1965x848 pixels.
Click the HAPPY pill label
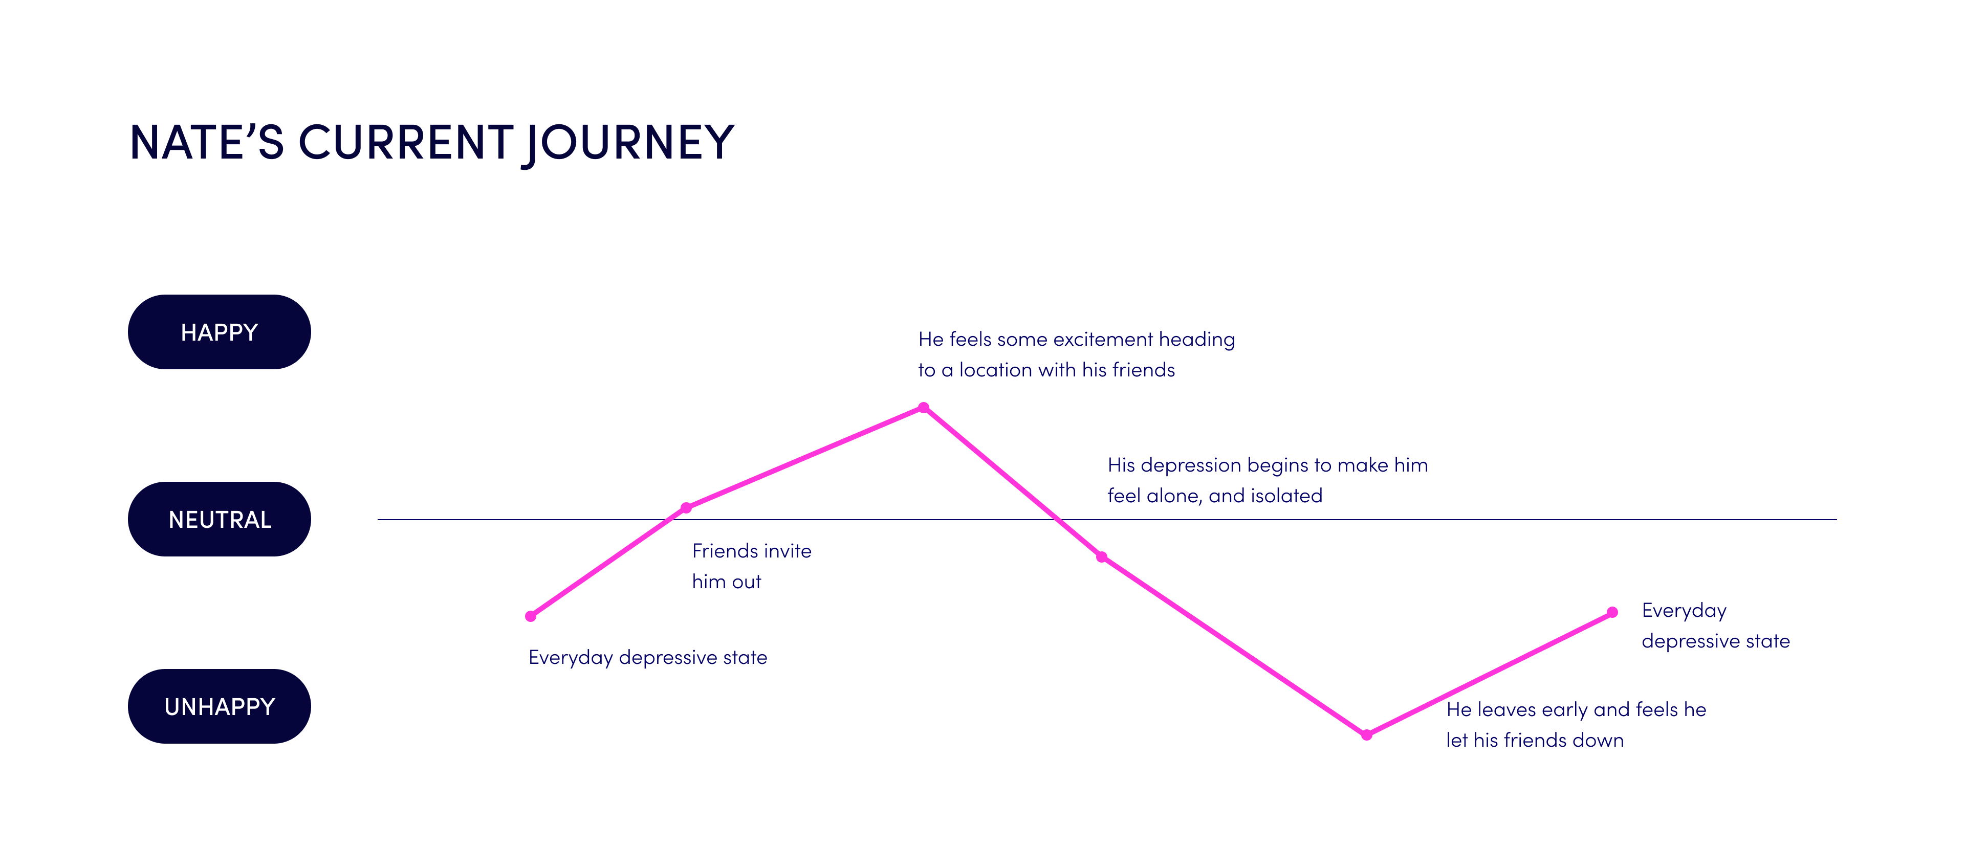pos(219,332)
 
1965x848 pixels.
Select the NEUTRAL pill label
pos(219,519)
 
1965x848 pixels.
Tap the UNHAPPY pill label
pos(219,707)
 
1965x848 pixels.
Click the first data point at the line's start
pos(531,616)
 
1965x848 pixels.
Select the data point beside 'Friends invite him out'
pos(686,508)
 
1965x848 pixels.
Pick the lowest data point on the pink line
pos(1367,735)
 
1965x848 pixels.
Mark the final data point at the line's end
pos(1612,612)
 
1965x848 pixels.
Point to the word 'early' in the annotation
pos(1564,710)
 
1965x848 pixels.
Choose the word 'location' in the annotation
pos(995,370)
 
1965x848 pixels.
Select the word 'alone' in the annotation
pos(1175,496)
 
